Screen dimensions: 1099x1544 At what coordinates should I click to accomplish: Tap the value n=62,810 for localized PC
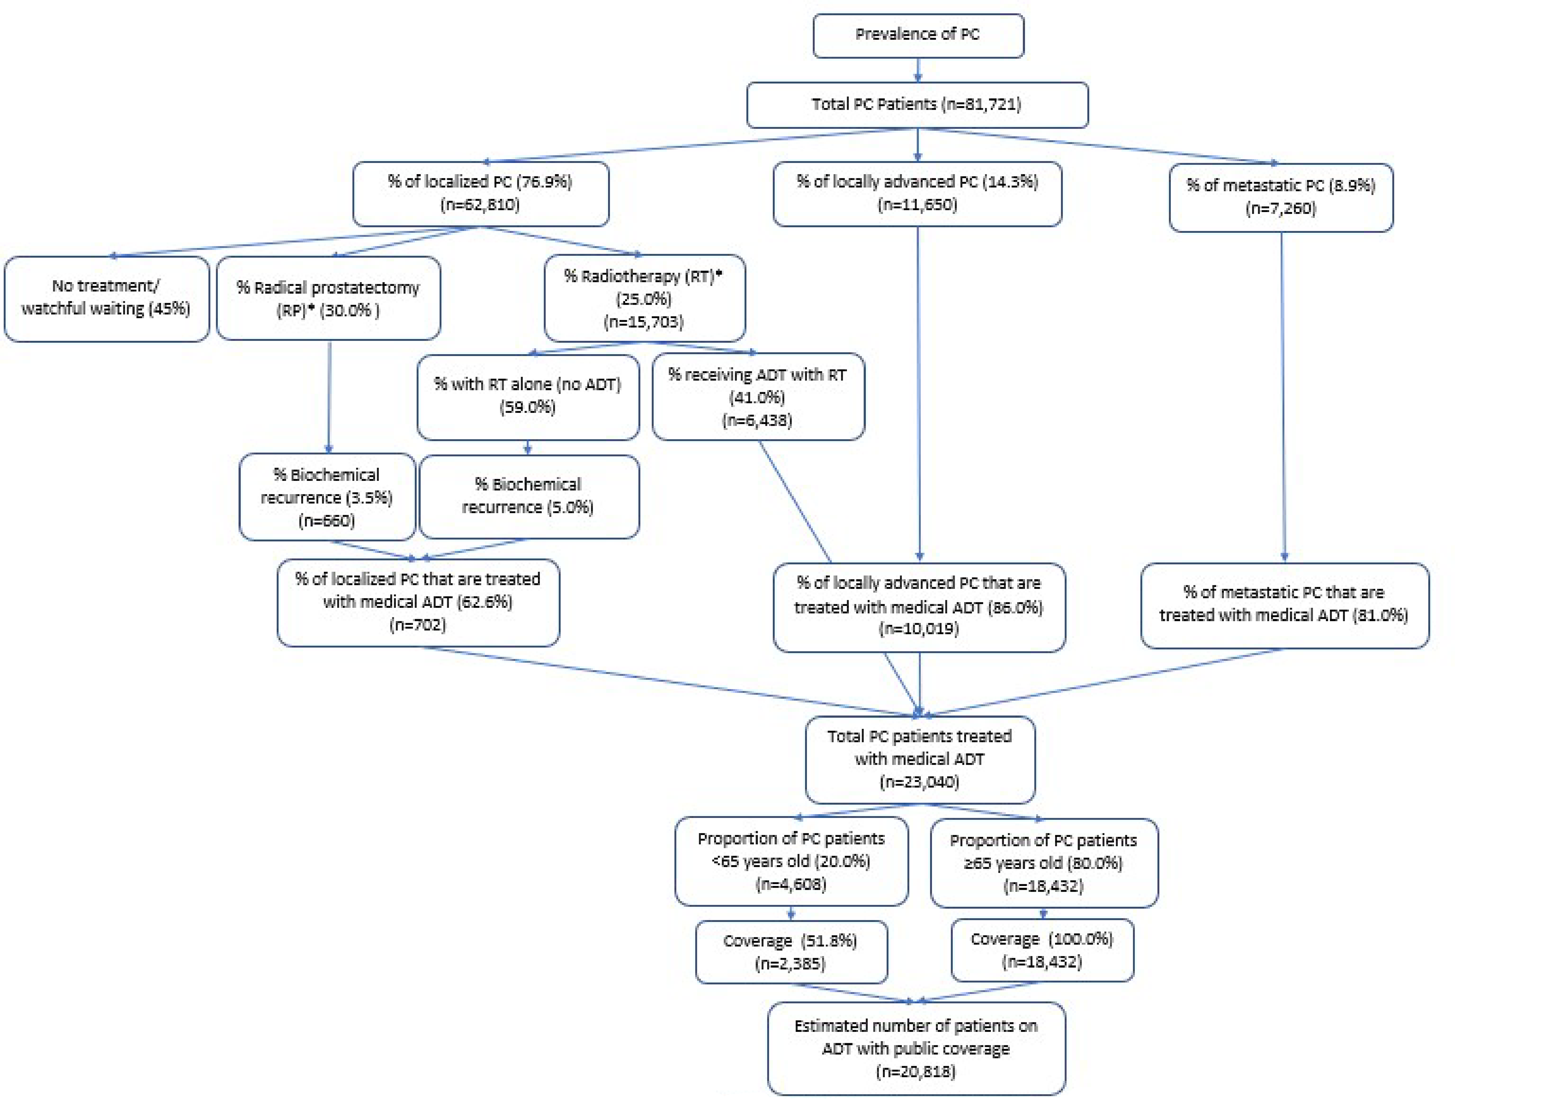[x=480, y=204]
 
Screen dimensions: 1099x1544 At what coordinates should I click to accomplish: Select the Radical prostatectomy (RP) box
[x=328, y=299]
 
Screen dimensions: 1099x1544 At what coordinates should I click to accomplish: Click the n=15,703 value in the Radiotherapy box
[x=643, y=321]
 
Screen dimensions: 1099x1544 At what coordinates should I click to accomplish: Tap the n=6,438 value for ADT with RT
[x=757, y=420]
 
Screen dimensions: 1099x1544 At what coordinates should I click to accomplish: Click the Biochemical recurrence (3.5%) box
[x=327, y=497]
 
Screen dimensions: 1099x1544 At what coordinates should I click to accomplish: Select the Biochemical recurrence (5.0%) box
[x=528, y=496]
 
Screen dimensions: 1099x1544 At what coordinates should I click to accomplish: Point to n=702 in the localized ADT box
[x=417, y=625]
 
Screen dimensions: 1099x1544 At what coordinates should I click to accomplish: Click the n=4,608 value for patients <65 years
[x=790, y=884]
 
